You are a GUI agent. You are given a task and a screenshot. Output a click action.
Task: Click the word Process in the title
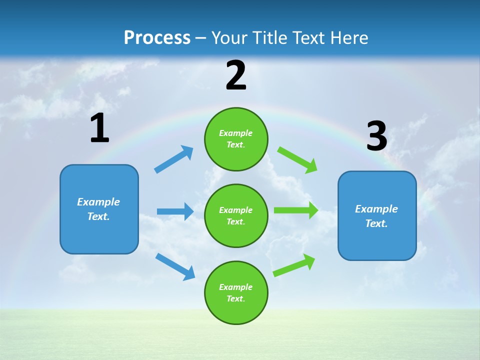(x=157, y=37)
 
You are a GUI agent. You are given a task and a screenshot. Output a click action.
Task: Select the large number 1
(x=99, y=128)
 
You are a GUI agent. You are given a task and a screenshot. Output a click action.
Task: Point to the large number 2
(x=236, y=75)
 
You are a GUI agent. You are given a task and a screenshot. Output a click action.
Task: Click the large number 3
(x=376, y=136)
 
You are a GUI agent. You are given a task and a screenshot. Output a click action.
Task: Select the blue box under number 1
(x=99, y=209)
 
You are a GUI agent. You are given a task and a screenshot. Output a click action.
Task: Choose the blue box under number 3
(x=377, y=215)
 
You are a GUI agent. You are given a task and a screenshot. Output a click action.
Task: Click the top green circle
(x=236, y=139)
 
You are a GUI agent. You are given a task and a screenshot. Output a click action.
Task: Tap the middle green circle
(x=236, y=215)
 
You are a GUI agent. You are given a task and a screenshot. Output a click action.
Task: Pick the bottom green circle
(x=236, y=292)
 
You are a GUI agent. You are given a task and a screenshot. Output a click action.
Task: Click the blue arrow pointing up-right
(x=174, y=159)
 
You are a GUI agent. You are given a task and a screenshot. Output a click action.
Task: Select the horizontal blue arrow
(x=175, y=211)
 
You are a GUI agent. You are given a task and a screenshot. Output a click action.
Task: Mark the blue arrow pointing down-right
(x=175, y=266)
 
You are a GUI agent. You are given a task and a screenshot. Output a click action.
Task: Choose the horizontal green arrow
(x=296, y=210)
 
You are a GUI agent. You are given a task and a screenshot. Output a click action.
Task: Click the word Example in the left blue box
(x=98, y=202)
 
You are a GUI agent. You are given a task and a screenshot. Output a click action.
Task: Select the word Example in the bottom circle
(x=235, y=287)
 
